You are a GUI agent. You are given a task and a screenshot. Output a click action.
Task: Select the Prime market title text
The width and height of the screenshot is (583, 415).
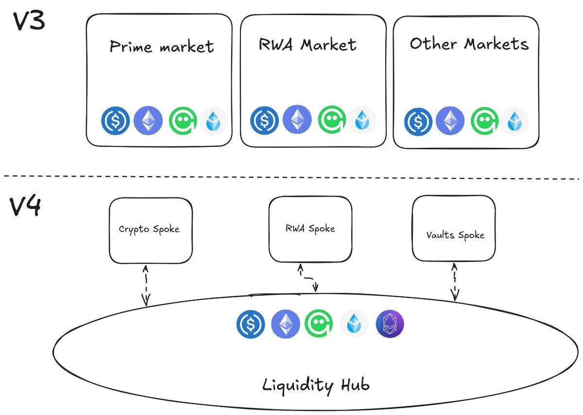point(162,47)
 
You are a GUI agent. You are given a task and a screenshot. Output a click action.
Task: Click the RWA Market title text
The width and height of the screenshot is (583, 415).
point(308,45)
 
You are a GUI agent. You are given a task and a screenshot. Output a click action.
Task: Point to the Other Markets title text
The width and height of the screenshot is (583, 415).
point(469,44)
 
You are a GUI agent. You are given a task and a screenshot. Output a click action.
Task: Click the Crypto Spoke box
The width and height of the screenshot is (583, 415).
point(150,229)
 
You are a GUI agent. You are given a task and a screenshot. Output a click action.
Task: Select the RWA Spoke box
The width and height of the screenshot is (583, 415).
point(310,228)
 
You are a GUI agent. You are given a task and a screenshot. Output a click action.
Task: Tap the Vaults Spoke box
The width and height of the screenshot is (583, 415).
point(454,235)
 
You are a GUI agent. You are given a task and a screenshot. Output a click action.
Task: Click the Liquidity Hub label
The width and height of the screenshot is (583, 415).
point(316,385)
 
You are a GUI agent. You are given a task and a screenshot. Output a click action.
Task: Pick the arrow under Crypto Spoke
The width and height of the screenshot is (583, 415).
point(145,284)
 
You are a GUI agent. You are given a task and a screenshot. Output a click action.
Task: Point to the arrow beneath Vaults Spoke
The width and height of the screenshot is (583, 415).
point(455,281)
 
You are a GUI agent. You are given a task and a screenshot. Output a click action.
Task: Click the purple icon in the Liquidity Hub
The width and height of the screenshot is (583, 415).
point(390,324)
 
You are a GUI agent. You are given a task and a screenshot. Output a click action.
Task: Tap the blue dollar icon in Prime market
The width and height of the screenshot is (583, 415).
point(116,120)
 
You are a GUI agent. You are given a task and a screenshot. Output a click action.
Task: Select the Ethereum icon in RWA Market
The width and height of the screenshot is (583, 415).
point(296,119)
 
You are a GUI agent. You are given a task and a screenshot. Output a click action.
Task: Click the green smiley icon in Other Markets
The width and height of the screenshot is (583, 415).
point(484,121)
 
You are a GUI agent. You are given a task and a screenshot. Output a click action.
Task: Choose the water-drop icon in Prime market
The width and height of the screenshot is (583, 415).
point(213,121)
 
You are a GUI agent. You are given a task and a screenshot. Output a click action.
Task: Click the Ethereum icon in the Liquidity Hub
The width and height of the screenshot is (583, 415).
point(286,324)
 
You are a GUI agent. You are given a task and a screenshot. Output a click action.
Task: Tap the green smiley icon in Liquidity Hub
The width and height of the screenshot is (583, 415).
point(319,324)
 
